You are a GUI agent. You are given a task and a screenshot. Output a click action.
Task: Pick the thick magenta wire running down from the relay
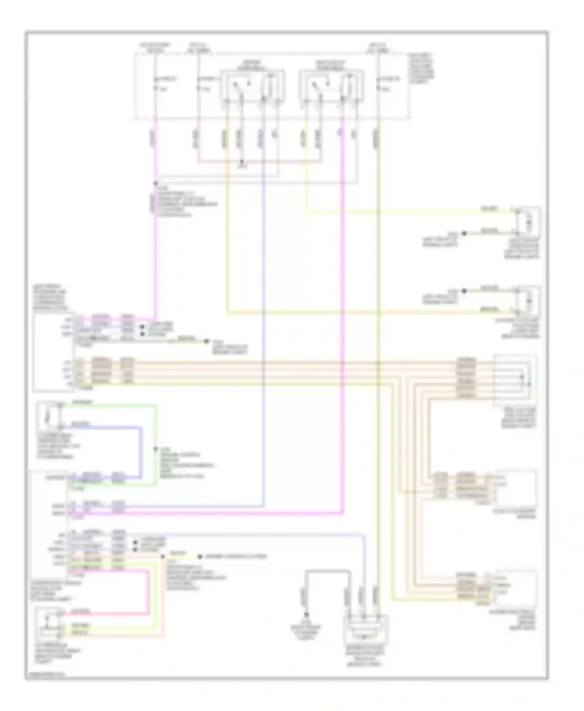(343, 311)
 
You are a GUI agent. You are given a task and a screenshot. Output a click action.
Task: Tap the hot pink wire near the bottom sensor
(148, 591)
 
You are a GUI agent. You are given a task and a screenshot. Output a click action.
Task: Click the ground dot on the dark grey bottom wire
(306, 615)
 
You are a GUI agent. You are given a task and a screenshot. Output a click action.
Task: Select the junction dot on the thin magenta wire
(155, 183)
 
